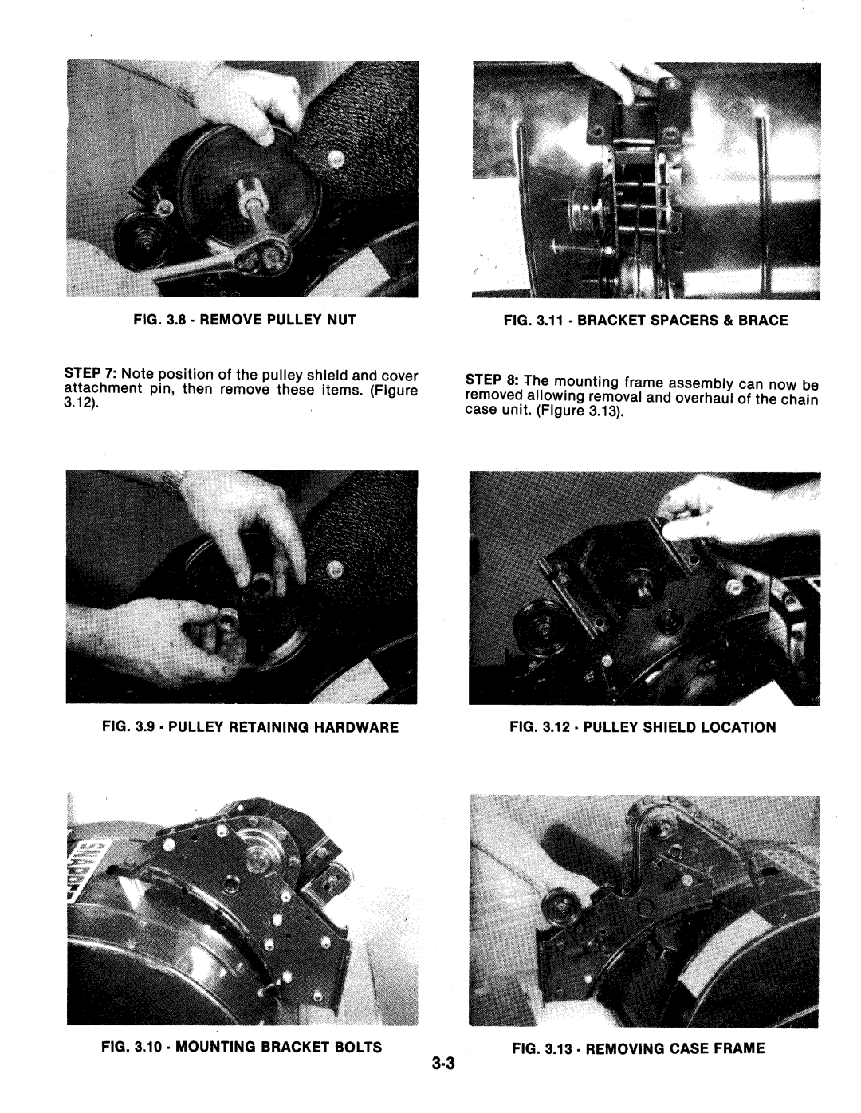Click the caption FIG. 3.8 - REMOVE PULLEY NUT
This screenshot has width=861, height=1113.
click(x=244, y=321)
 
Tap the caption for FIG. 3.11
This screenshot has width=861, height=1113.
click(x=646, y=321)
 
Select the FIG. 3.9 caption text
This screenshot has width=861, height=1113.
click(x=250, y=727)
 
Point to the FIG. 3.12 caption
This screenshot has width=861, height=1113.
click(x=643, y=727)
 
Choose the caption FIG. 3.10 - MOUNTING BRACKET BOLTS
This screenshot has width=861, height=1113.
click(x=242, y=1047)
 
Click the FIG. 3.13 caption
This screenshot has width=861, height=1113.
click(x=639, y=1048)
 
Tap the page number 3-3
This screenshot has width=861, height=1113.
click(x=443, y=1064)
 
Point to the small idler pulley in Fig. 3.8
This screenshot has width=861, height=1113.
click(x=136, y=241)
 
